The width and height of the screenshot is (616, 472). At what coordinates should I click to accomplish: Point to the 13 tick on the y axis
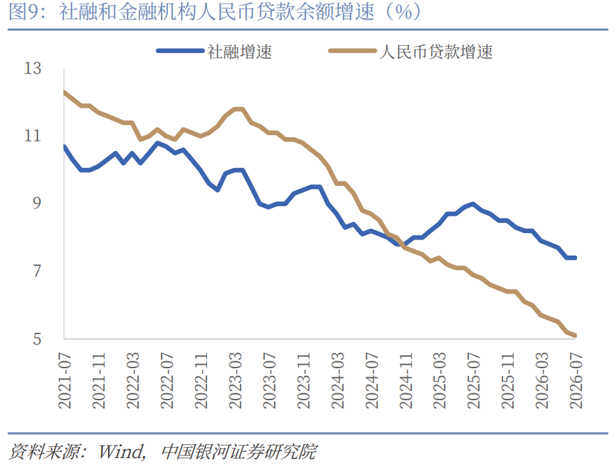[x=32, y=68]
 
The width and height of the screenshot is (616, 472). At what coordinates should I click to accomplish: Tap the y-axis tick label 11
[x=32, y=136]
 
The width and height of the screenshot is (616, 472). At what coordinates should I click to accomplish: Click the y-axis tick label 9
[x=36, y=203]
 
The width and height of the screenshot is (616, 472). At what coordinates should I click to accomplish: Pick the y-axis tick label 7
[x=36, y=271]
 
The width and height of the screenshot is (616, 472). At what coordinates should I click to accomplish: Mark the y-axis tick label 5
[x=36, y=338]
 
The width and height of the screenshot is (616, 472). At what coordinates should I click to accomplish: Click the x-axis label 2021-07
[x=64, y=381]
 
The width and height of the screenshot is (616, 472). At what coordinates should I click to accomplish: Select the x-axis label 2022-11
[x=201, y=381]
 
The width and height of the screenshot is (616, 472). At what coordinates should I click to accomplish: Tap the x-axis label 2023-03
[x=235, y=381]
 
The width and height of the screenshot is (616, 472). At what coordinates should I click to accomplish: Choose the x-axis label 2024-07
[x=371, y=381]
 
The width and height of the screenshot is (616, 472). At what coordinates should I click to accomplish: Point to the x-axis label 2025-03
[x=439, y=381]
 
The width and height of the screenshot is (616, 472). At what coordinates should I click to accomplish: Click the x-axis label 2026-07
[x=576, y=381]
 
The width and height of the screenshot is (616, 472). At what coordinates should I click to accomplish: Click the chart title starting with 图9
[x=215, y=12]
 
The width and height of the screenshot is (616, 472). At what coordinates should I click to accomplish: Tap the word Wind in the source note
[x=121, y=452]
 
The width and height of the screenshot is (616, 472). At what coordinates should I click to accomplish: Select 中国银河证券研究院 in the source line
[x=238, y=452]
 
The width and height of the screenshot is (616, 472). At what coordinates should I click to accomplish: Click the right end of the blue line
[x=575, y=258]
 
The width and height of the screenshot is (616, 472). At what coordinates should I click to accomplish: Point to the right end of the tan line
[x=575, y=336]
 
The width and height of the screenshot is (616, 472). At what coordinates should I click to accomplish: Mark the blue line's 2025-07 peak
[x=472, y=204]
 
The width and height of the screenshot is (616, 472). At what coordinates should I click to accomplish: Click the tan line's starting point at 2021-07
[x=64, y=92]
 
